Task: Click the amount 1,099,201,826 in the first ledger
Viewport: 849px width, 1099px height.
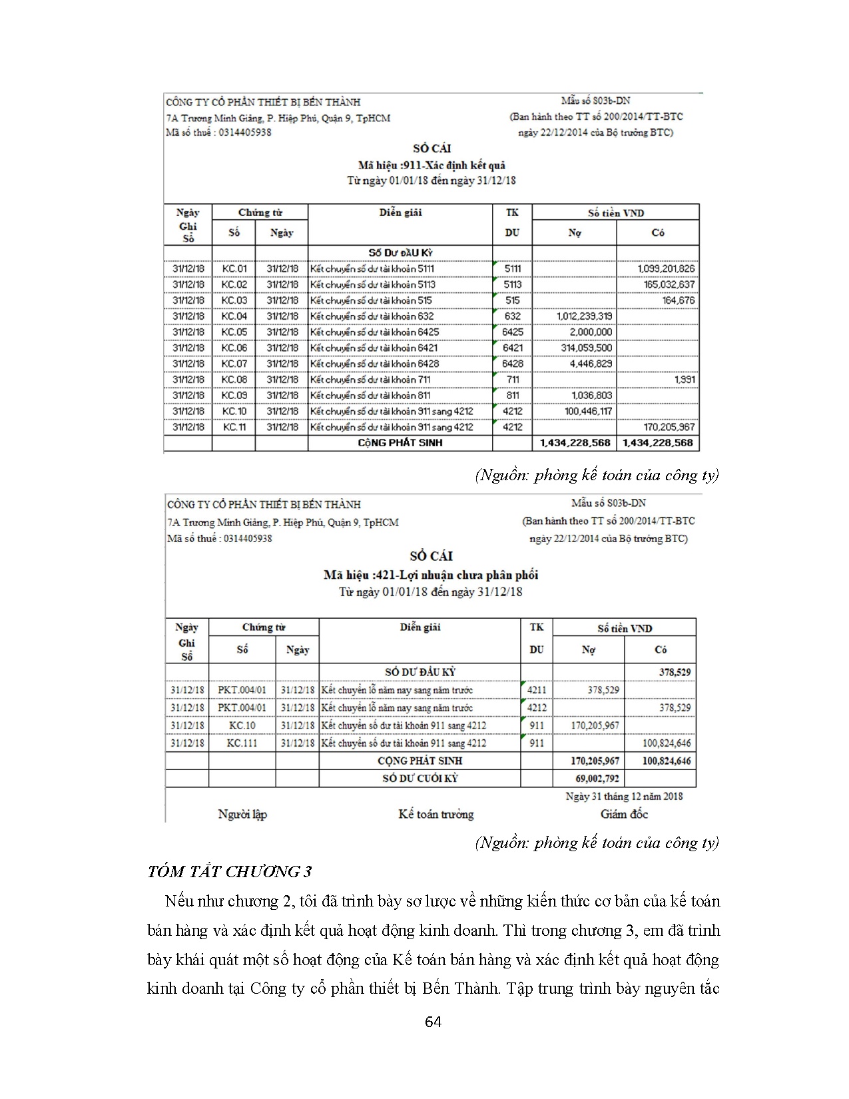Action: coord(665,268)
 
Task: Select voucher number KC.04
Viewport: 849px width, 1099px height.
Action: coord(234,316)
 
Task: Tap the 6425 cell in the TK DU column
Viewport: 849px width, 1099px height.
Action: coord(512,332)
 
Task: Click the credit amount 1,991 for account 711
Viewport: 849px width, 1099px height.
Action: coord(684,380)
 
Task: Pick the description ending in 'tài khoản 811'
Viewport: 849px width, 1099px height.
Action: coord(370,396)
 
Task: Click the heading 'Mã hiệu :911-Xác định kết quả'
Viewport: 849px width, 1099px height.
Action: coord(431,165)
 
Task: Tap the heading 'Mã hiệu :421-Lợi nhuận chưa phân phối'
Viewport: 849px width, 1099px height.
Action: coord(431,575)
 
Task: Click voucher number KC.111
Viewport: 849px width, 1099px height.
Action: coord(242,743)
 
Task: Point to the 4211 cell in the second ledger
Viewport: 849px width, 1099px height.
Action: coord(537,690)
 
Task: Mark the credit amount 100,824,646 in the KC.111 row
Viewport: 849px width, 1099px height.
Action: coord(667,743)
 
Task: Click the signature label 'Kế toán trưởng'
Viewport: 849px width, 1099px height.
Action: coord(436,814)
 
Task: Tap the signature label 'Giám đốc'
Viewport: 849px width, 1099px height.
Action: coord(624,814)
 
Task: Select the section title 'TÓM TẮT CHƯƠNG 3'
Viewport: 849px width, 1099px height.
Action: coord(230,872)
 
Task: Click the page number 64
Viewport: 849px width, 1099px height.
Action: coord(433,1022)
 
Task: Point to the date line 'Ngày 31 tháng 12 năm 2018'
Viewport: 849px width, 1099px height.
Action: coord(624,796)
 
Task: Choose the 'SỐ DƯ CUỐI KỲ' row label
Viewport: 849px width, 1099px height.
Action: coord(420,778)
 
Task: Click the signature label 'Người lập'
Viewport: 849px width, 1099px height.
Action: coord(242,814)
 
